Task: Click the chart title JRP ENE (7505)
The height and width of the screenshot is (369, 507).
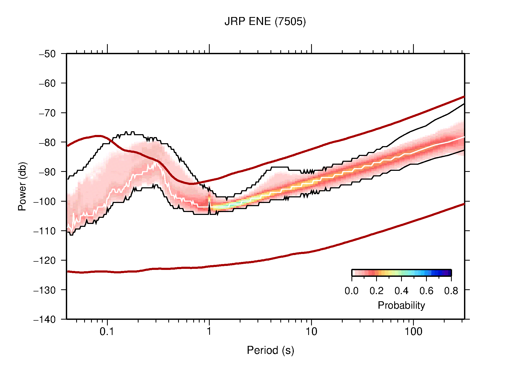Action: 265,22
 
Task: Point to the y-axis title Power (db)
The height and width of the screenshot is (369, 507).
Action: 22,186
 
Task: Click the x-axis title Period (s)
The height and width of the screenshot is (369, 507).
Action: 270,350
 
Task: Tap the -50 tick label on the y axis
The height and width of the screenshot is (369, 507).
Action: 47,54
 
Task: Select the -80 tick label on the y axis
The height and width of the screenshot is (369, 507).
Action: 47,142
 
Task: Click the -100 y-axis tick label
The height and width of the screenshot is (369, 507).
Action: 45,201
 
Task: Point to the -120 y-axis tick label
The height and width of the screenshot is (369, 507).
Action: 45,260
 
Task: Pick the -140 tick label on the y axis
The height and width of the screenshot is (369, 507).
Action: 45,319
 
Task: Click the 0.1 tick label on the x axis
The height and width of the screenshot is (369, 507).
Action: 107,332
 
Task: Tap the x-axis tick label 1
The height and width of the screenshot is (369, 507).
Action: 209,332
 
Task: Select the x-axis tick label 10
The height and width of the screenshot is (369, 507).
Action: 311,332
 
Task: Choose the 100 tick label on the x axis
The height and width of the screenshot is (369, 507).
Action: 413,332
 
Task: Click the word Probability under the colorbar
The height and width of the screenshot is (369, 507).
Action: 401,306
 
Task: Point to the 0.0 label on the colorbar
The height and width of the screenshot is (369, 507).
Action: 351,291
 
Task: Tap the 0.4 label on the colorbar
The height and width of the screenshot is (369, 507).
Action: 401,291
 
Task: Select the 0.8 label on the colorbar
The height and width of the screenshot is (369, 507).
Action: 451,291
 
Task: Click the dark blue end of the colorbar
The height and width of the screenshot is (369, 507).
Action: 449,273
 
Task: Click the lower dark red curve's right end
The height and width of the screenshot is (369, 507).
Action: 463,204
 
